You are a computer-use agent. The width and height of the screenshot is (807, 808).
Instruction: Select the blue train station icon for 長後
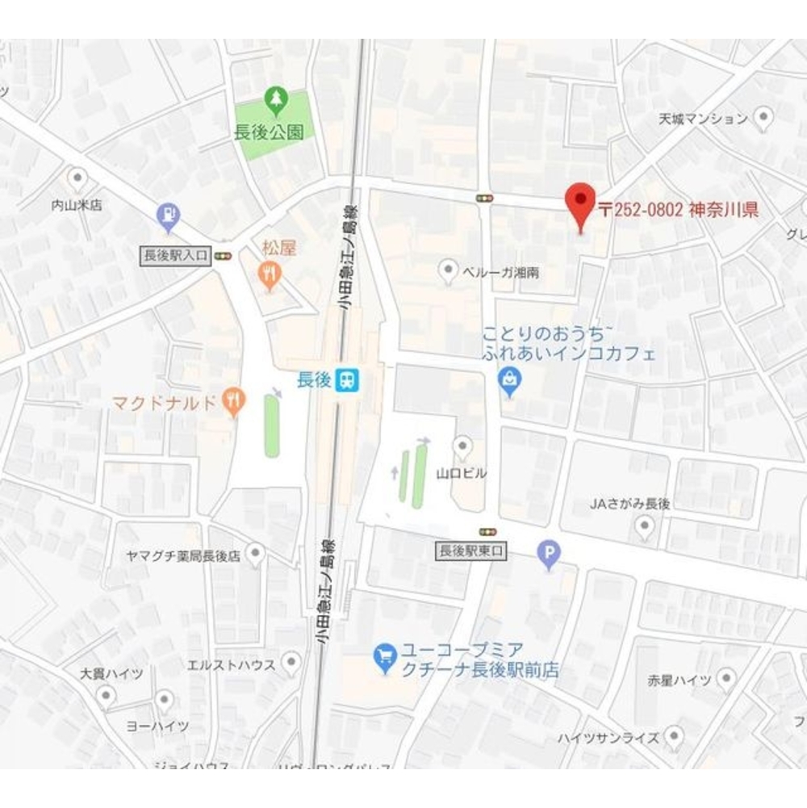pyautogui.click(x=348, y=379)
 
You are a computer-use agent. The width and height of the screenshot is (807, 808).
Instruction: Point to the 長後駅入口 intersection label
pyautogui.click(x=175, y=256)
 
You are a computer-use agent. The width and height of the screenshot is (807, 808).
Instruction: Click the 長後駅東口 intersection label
pyautogui.click(x=470, y=551)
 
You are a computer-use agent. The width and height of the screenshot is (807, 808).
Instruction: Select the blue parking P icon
pyautogui.click(x=549, y=554)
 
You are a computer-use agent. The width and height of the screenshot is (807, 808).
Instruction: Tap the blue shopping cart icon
pyautogui.click(x=386, y=658)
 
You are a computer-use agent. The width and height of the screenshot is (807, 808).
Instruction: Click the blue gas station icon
pyautogui.click(x=168, y=215)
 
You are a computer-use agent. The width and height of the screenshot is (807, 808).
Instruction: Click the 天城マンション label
pyautogui.click(x=703, y=119)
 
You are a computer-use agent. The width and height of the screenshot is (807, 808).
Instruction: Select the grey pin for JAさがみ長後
pyautogui.click(x=644, y=527)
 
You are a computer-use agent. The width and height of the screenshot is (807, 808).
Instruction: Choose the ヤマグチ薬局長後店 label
pyautogui.click(x=183, y=556)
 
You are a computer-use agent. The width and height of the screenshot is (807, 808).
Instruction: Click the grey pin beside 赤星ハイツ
pyautogui.click(x=726, y=679)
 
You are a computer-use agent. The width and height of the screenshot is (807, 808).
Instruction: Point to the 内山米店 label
pyautogui.click(x=77, y=205)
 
